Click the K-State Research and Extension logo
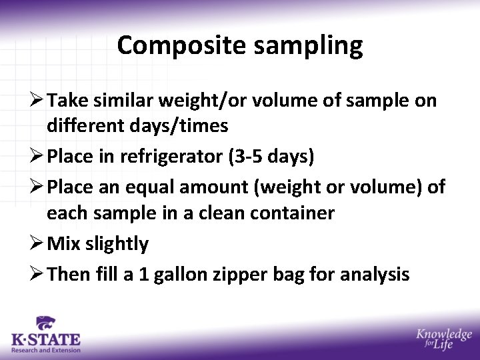[x=45, y=335]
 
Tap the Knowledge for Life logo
[x=443, y=340]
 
